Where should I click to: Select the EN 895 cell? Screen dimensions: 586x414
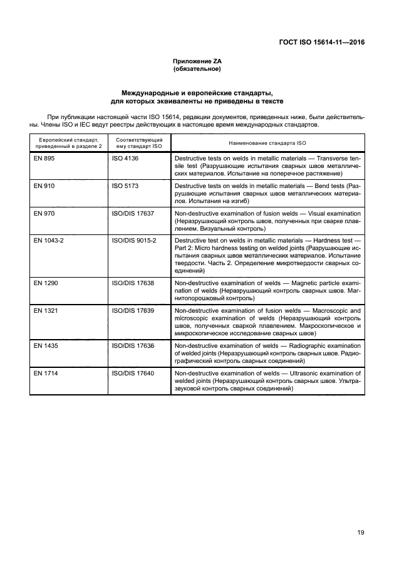coord(44,159)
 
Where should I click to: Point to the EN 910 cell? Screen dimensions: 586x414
coord(44,186)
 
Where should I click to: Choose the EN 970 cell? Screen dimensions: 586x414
coord(44,214)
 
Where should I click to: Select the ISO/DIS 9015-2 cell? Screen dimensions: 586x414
coord(134,241)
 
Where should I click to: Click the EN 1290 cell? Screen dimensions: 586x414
coord(46,283)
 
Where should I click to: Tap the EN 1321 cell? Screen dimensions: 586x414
coord(46,310)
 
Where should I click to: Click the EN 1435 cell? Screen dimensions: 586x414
coord(46,346)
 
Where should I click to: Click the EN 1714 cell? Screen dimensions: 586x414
coord(46,373)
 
